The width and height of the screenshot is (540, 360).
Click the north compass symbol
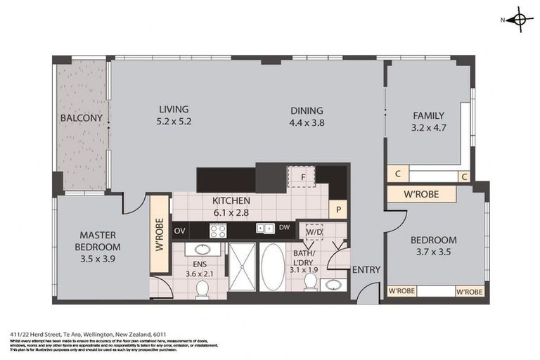519,20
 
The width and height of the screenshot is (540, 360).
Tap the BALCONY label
82,118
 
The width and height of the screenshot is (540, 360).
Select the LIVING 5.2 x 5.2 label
174,115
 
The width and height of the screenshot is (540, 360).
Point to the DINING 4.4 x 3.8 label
307,116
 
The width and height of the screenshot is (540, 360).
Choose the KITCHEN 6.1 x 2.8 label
231,206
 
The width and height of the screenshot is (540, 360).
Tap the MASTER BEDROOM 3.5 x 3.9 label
98,241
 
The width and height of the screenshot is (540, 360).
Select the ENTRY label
366,270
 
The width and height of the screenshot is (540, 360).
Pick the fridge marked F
302,176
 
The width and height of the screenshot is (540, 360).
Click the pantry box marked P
337,209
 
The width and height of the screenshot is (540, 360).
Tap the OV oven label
179,230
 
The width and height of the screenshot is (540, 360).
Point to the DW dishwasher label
284,228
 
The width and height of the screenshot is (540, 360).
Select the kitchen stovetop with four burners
218,230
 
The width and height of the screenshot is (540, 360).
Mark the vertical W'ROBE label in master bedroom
160,236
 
